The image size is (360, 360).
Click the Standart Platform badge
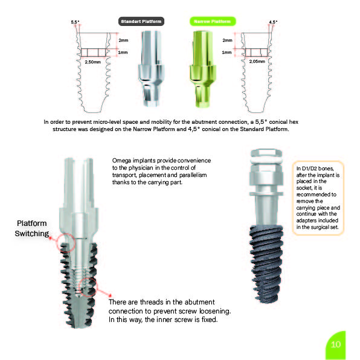[x=141, y=21]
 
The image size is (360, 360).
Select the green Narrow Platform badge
[x=213, y=21]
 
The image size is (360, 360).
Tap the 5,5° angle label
[x=75, y=22]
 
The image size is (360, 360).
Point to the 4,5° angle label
[x=273, y=22]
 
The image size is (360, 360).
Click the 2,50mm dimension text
[x=93, y=62]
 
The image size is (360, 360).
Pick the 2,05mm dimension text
[x=257, y=61]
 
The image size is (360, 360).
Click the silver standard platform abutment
[x=151, y=68]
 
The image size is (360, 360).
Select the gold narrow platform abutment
[x=202, y=69]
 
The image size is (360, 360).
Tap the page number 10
[x=336, y=344]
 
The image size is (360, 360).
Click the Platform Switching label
[x=31, y=228]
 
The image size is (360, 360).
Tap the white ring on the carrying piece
[x=266, y=160]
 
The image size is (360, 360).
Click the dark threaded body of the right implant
[x=266, y=264]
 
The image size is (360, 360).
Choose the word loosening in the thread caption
[x=214, y=311]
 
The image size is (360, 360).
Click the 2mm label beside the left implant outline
[x=123, y=40]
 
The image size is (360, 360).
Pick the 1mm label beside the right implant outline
[x=227, y=53]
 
